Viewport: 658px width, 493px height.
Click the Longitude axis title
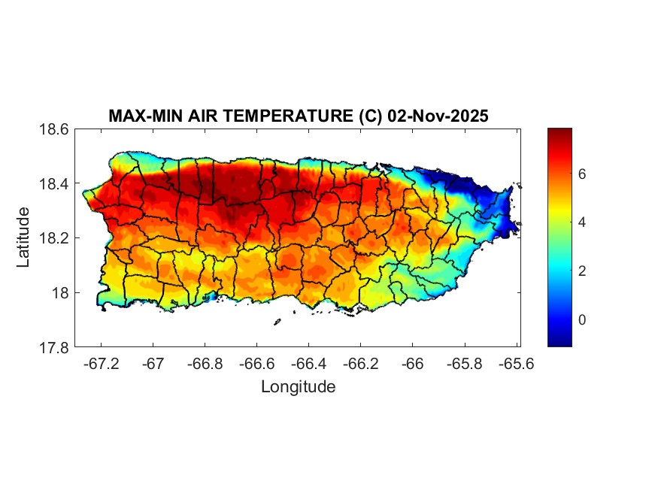298,387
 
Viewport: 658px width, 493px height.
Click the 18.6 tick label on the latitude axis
54,129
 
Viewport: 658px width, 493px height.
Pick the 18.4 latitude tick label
54,184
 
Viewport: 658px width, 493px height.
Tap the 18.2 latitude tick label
54,238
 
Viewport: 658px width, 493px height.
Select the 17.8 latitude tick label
54,347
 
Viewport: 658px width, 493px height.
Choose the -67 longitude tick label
153,364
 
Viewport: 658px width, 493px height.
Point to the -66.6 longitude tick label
257,364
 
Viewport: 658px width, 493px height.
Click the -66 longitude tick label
413,364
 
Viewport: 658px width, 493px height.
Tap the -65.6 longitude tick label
516,364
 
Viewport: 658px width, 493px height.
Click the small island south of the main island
277,322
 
